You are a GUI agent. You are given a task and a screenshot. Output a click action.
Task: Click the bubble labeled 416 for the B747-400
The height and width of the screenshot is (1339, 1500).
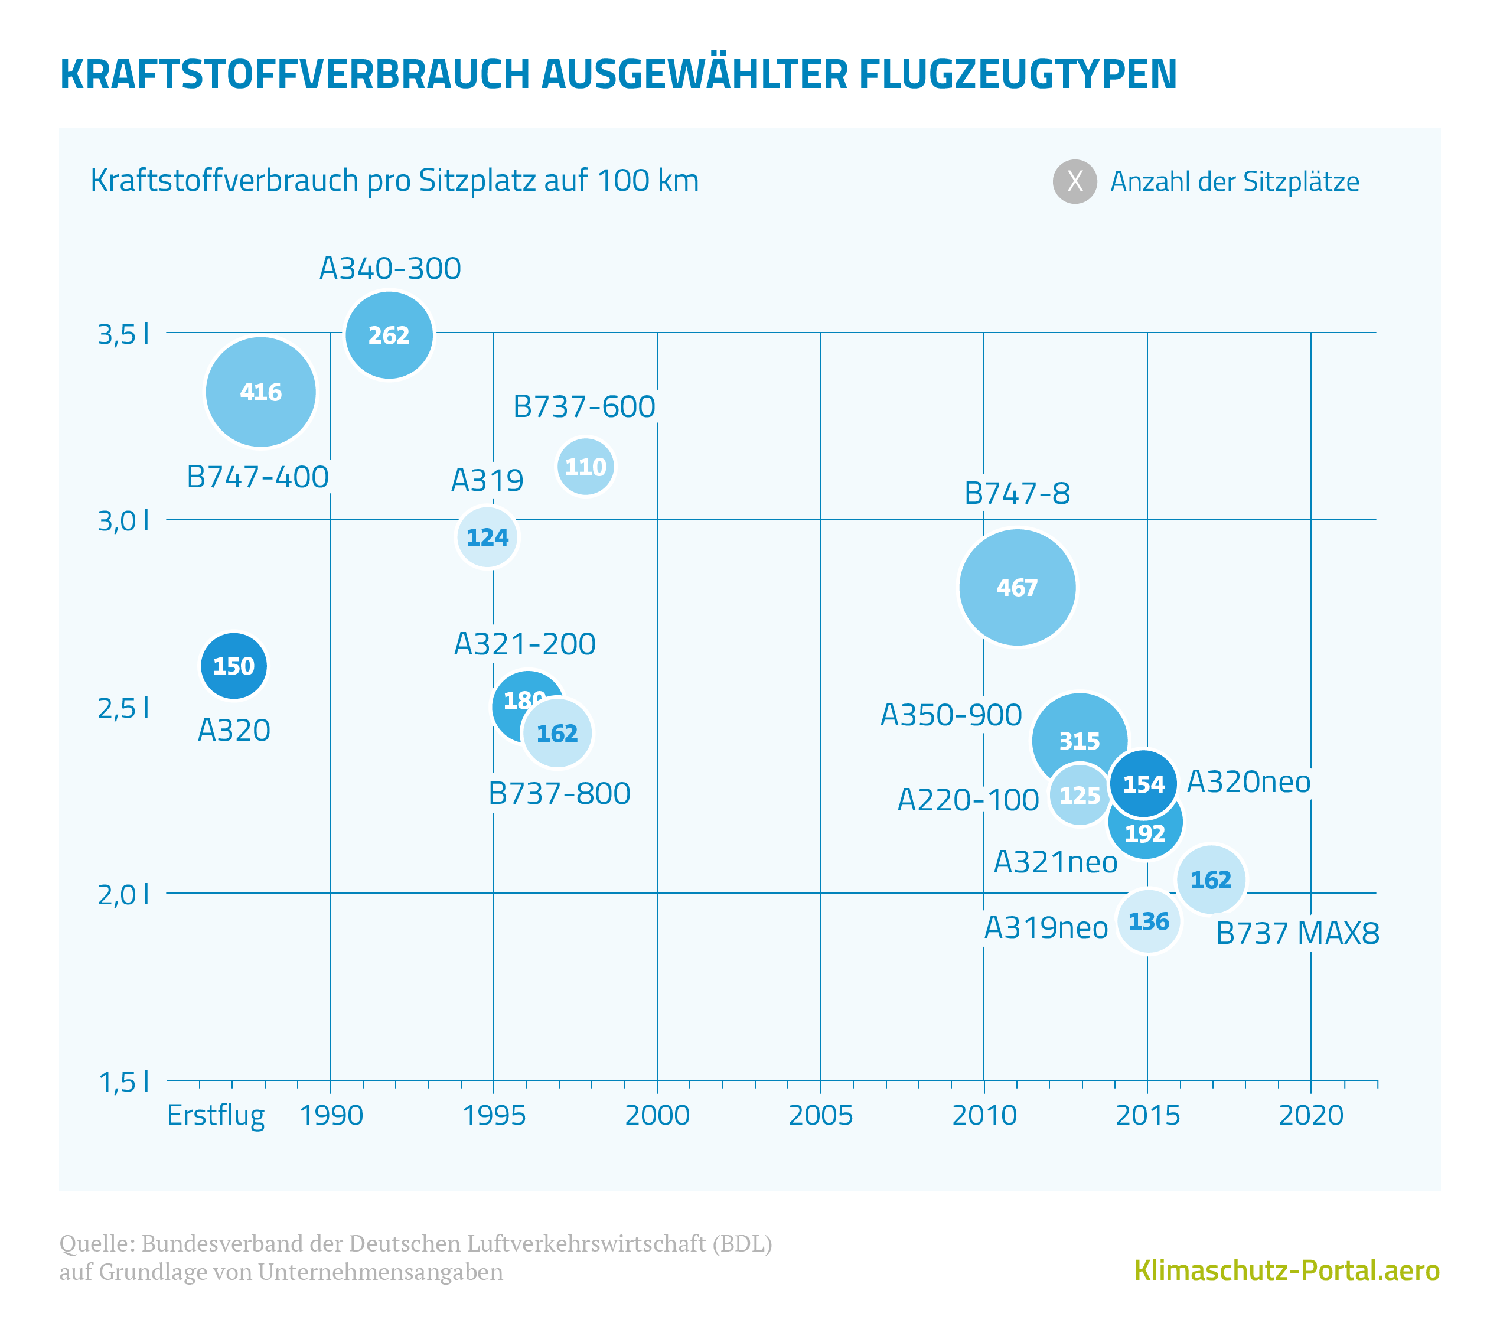[260, 392]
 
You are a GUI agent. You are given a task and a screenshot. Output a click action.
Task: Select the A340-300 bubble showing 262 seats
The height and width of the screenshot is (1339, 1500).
[389, 335]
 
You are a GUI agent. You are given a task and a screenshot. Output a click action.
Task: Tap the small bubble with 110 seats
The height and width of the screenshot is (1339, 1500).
[585, 467]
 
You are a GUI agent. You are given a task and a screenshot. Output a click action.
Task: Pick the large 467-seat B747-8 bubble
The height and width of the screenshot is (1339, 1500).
[1017, 587]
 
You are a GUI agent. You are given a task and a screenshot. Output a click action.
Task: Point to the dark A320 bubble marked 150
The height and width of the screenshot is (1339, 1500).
[233, 666]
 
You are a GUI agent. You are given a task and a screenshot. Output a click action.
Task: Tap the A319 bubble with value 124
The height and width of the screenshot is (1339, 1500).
[487, 537]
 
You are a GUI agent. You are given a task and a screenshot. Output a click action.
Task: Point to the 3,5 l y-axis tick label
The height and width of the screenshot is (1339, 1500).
[123, 334]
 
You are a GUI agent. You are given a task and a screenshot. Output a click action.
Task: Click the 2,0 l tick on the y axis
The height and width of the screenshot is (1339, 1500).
[123, 895]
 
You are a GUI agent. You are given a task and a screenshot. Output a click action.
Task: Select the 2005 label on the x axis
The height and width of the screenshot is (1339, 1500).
[820, 1115]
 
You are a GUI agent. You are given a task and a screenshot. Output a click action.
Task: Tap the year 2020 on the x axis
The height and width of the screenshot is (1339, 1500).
[1310, 1115]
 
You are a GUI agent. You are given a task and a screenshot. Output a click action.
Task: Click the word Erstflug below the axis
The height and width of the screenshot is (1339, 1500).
[216, 1115]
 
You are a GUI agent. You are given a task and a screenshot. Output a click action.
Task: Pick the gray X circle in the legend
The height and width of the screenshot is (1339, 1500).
[1074, 181]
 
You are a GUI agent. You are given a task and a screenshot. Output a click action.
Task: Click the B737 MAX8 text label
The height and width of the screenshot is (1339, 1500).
[1297, 933]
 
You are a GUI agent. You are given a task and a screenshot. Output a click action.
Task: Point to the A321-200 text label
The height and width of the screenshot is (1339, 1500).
[524, 644]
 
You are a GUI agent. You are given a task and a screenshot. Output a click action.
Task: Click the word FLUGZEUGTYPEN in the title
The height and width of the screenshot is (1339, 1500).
[1018, 74]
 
